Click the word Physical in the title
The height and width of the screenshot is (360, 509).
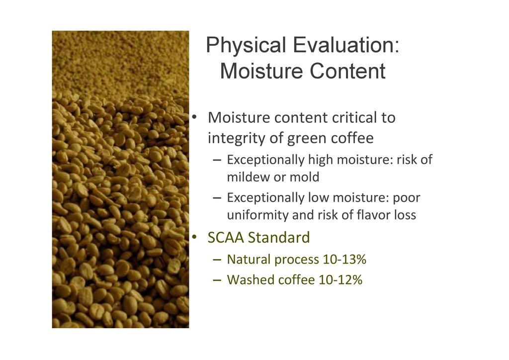[246, 46]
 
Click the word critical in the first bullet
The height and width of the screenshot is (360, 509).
[353, 117]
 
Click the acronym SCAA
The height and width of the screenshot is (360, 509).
[226, 237]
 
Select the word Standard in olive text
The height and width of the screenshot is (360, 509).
[279, 237]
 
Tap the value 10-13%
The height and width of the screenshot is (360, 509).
[344, 260]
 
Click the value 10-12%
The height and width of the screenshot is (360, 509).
[340, 280]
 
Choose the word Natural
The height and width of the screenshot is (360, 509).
[249, 260]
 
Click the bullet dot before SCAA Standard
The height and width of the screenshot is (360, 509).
[194, 237]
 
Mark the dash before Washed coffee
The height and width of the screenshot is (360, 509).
[217, 280]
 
